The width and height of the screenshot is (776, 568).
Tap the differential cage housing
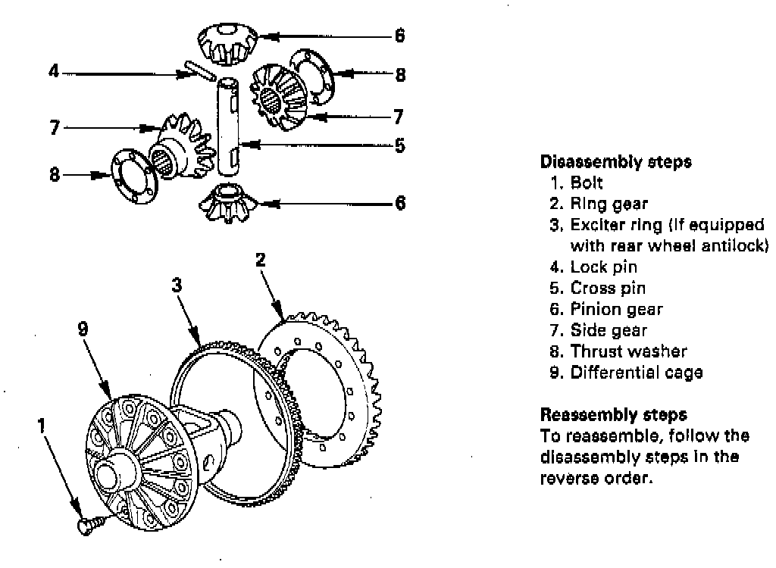(144, 462)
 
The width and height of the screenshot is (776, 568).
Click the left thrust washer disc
(133, 176)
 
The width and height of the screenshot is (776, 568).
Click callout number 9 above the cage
(83, 327)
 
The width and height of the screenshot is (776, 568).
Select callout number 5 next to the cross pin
(399, 144)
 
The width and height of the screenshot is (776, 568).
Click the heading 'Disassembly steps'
(615, 161)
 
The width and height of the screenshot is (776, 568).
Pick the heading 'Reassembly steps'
(613, 415)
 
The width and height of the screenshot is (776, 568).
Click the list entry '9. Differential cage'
(627, 373)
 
